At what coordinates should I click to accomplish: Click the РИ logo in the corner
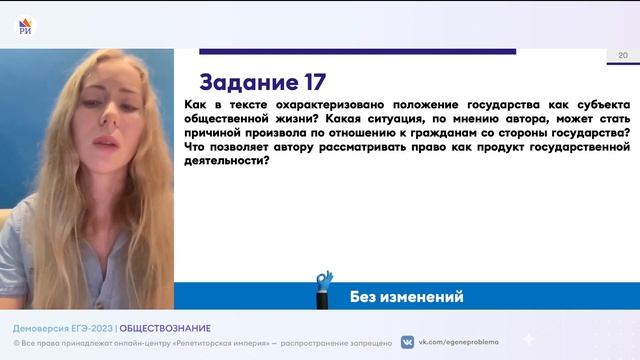[25, 22]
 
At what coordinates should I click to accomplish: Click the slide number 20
[623, 55]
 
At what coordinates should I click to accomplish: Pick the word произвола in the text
[285, 132]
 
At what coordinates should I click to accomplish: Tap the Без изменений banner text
[406, 297]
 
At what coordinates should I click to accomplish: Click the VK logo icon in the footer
[407, 342]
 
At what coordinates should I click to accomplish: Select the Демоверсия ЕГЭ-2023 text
[62, 328]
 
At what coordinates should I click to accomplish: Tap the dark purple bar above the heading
[357, 51]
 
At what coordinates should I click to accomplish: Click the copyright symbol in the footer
[16, 342]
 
